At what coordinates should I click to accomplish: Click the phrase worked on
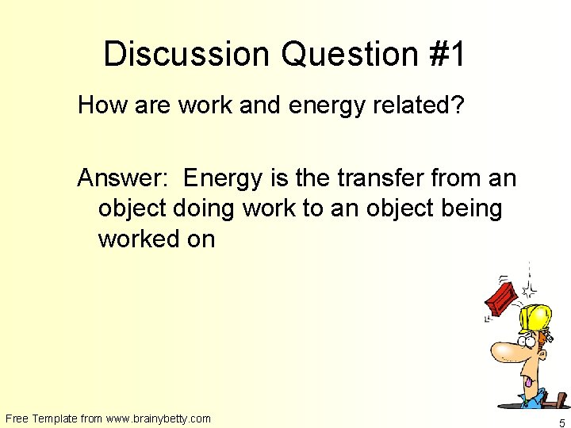tap(156, 239)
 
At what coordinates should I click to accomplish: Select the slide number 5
tap(561, 422)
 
